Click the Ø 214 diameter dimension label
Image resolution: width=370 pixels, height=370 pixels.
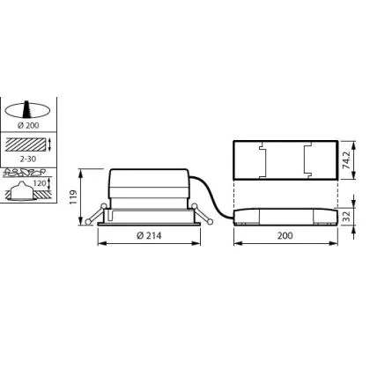tap(149, 235)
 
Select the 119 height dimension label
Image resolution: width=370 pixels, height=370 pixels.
tap(73, 197)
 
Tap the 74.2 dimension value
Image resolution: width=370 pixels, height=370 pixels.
tap(347, 160)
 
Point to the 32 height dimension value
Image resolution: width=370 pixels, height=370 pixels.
tap(347, 217)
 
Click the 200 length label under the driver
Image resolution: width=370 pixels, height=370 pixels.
tap(285, 235)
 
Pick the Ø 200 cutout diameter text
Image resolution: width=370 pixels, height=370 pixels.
tap(28, 125)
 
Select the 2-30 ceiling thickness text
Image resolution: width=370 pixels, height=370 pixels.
tap(28, 159)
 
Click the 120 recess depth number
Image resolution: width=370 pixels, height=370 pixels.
tap(40, 183)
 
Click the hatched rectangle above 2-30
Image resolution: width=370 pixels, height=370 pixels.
tap(26, 144)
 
